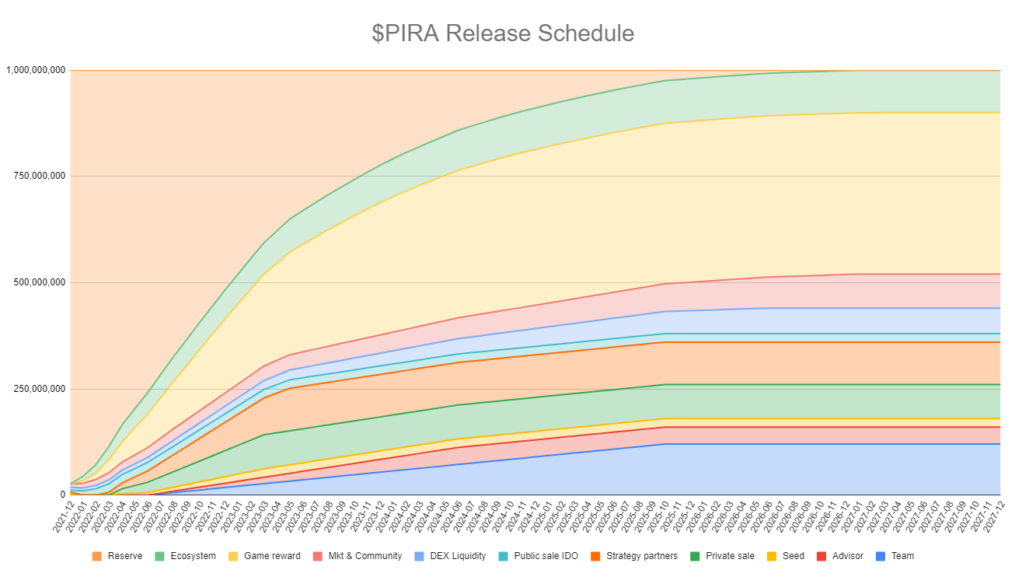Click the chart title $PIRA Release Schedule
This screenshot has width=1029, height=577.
[x=503, y=33]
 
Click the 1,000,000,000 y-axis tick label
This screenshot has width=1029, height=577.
[x=36, y=70]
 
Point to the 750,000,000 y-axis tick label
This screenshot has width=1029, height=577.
[x=39, y=176]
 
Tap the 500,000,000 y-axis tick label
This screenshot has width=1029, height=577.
[x=39, y=282]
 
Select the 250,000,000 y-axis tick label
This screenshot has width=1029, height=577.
[x=39, y=389]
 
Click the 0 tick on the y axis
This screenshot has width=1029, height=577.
[x=63, y=495]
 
